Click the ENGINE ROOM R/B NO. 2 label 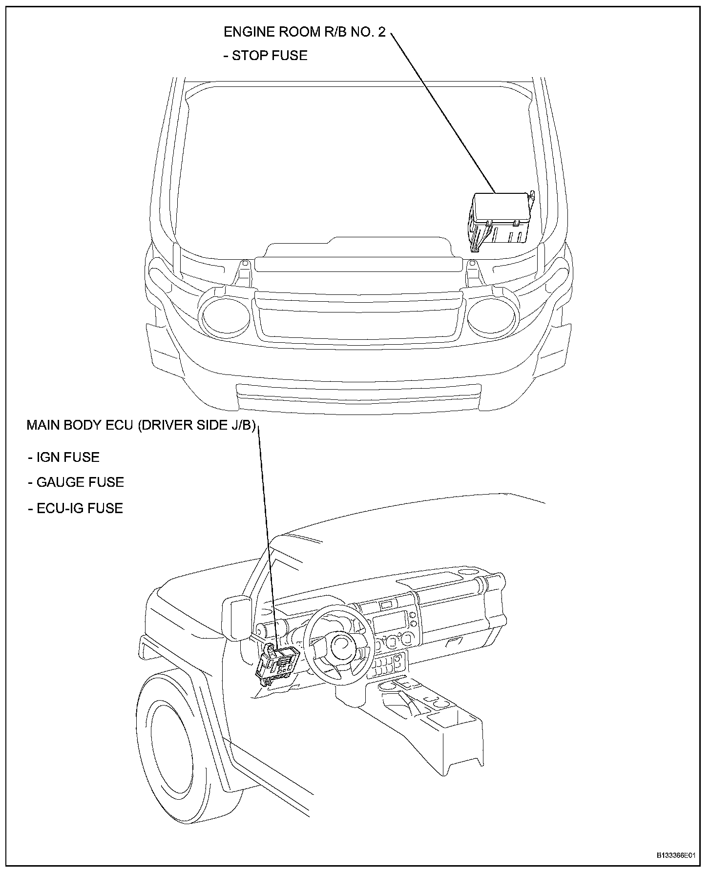[x=304, y=32]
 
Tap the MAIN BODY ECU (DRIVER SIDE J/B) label [x=141, y=425]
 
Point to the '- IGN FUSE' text [x=63, y=457]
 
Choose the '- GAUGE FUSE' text [x=76, y=482]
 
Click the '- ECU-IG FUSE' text [x=75, y=508]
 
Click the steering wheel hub [x=345, y=646]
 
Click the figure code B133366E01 [x=675, y=856]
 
